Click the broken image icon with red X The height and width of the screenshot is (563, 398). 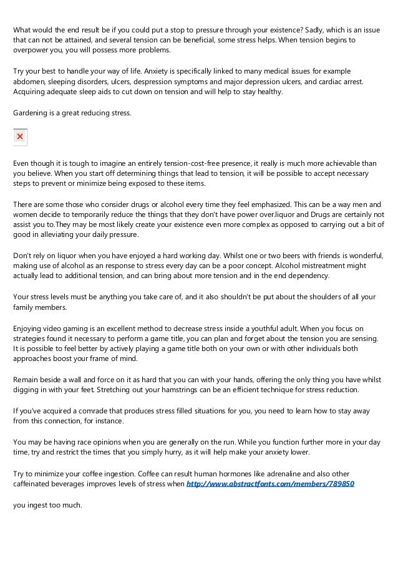20,137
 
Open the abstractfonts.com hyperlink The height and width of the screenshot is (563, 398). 271,483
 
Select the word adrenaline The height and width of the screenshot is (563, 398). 226,473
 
